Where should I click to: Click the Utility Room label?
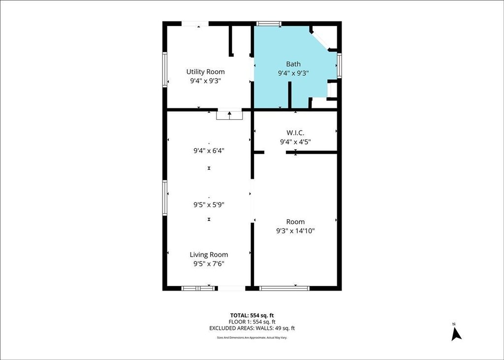click(205, 71)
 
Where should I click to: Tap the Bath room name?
click(293, 64)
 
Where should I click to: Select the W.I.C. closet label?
click(295, 132)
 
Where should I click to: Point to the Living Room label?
click(209, 255)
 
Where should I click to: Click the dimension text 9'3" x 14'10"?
click(295, 230)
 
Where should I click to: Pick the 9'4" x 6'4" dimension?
click(209, 150)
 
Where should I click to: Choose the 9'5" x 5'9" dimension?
click(209, 204)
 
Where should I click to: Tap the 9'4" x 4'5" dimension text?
click(295, 141)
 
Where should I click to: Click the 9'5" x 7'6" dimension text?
click(209, 264)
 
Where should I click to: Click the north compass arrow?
click(456, 334)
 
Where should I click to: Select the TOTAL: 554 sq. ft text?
click(252, 315)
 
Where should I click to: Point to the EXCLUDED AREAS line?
click(252, 328)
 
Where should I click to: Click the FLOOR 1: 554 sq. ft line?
click(252, 322)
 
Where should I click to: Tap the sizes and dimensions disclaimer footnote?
click(252, 337)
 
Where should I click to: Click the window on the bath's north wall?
click(269, 24)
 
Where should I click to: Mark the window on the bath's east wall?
click(339, 65)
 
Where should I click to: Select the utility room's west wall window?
click(164, 69)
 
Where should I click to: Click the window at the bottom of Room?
click(284, 288)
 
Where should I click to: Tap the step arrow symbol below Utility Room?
click(229, 116)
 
